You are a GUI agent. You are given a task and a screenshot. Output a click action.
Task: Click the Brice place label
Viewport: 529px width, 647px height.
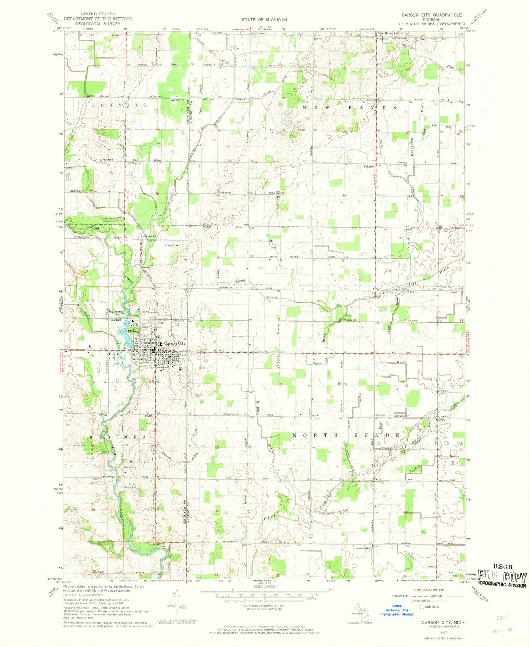click(x=442, y=420)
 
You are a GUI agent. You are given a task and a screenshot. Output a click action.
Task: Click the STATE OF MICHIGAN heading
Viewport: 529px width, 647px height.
click(x=265, y=19)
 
